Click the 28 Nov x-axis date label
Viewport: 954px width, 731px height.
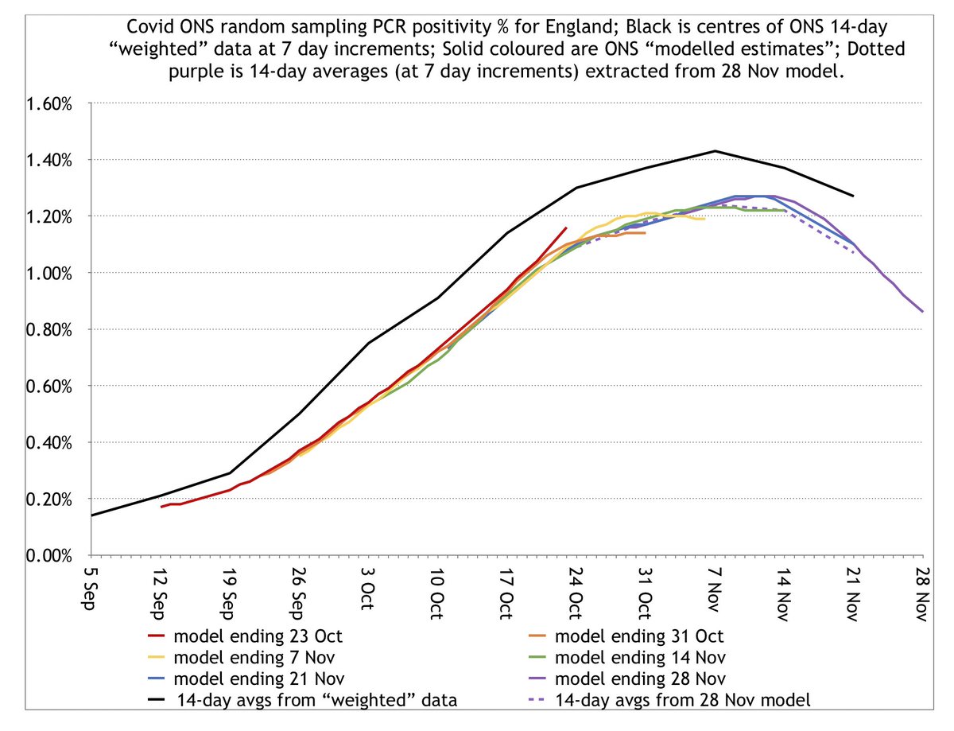pyautogui.click(x=923, y=593)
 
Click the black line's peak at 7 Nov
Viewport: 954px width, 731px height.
pyautogui.click(x=715, y=150)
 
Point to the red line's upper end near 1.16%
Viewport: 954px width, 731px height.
pyautogui.click(x=566, y=227)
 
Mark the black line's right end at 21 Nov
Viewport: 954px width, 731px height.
pyautogui.click(x=853, y=196)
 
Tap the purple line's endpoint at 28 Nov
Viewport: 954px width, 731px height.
pyautogui.click(x=922, y=312)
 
